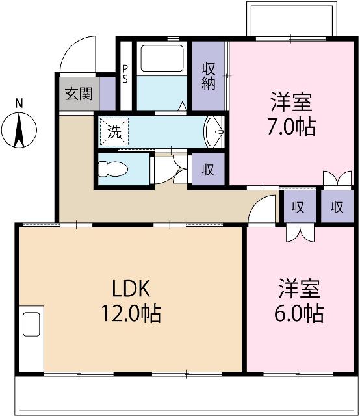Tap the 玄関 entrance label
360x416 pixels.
coord(78,93)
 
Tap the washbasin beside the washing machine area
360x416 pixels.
coord(214,131)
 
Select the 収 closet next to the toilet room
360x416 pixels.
coord(207,170)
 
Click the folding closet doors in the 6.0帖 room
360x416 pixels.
coord(300,233)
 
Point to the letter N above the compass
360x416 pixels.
coord(19,103)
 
